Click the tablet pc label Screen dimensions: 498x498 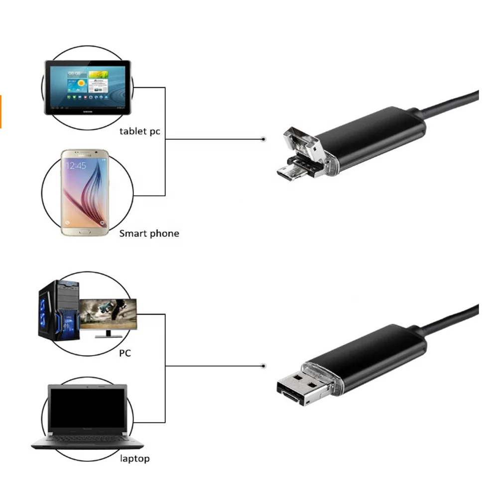point(139,131)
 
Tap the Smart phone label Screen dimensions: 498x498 point(149,233)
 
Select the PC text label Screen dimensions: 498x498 point(124,353)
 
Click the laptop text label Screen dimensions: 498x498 point(134,458)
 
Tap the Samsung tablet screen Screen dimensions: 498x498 point(88,87)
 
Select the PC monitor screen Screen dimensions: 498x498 point(108,314)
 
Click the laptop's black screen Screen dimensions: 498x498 point(88,409)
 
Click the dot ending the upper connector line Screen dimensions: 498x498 point(263,140)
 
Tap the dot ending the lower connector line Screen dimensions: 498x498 point(263,367)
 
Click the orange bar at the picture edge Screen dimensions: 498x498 point(1,111)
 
